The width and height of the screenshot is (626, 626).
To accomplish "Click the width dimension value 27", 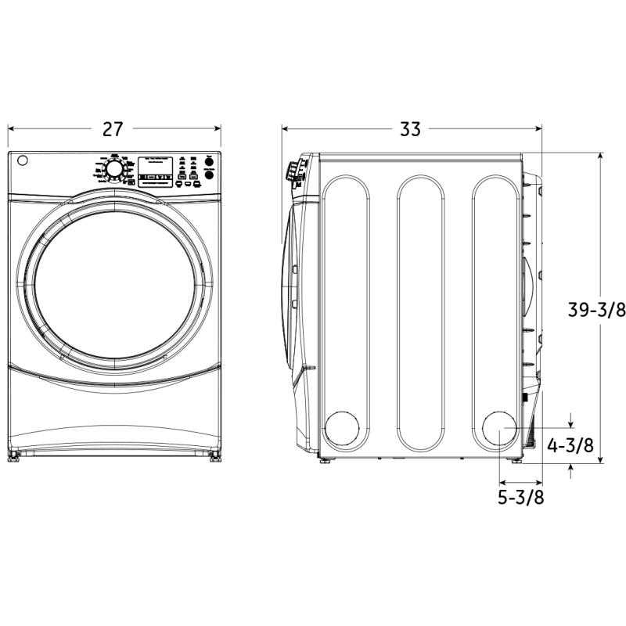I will [113, 130].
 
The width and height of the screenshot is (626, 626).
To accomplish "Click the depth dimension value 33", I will [410, 130].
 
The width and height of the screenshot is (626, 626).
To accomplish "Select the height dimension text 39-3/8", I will [596, 310].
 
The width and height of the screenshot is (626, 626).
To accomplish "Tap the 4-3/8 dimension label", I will [570, 446].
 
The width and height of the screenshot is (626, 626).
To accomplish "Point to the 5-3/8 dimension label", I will [522, 497].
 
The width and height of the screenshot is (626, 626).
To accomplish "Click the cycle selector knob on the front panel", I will [114, 170].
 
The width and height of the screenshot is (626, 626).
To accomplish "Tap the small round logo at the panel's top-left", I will [23, 161].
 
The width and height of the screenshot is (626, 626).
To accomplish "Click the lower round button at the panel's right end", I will [209, 177].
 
